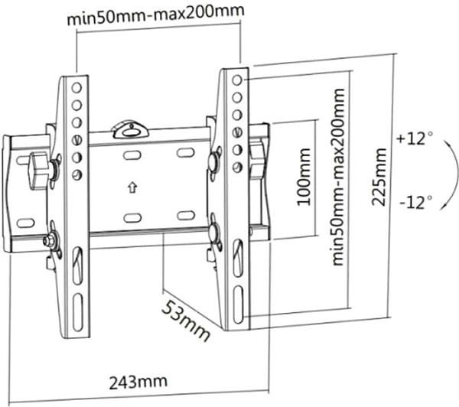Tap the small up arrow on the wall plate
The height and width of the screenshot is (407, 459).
tap(132, 185)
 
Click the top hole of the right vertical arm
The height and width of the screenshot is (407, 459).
tap(237, 80)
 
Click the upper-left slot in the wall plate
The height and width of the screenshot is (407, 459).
tap(132, 155)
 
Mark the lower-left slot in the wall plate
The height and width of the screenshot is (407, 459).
tap(132, 217)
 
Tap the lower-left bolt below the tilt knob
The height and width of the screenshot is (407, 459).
tap(50, 239)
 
